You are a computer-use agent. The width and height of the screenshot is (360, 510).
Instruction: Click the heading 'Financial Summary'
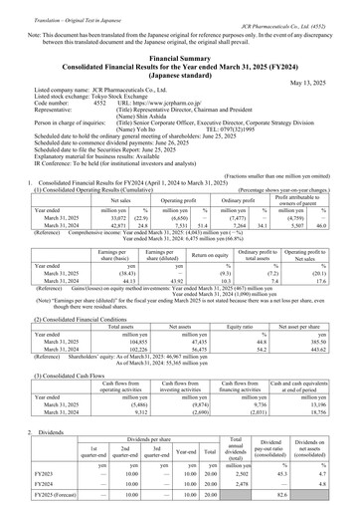point(179,59)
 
